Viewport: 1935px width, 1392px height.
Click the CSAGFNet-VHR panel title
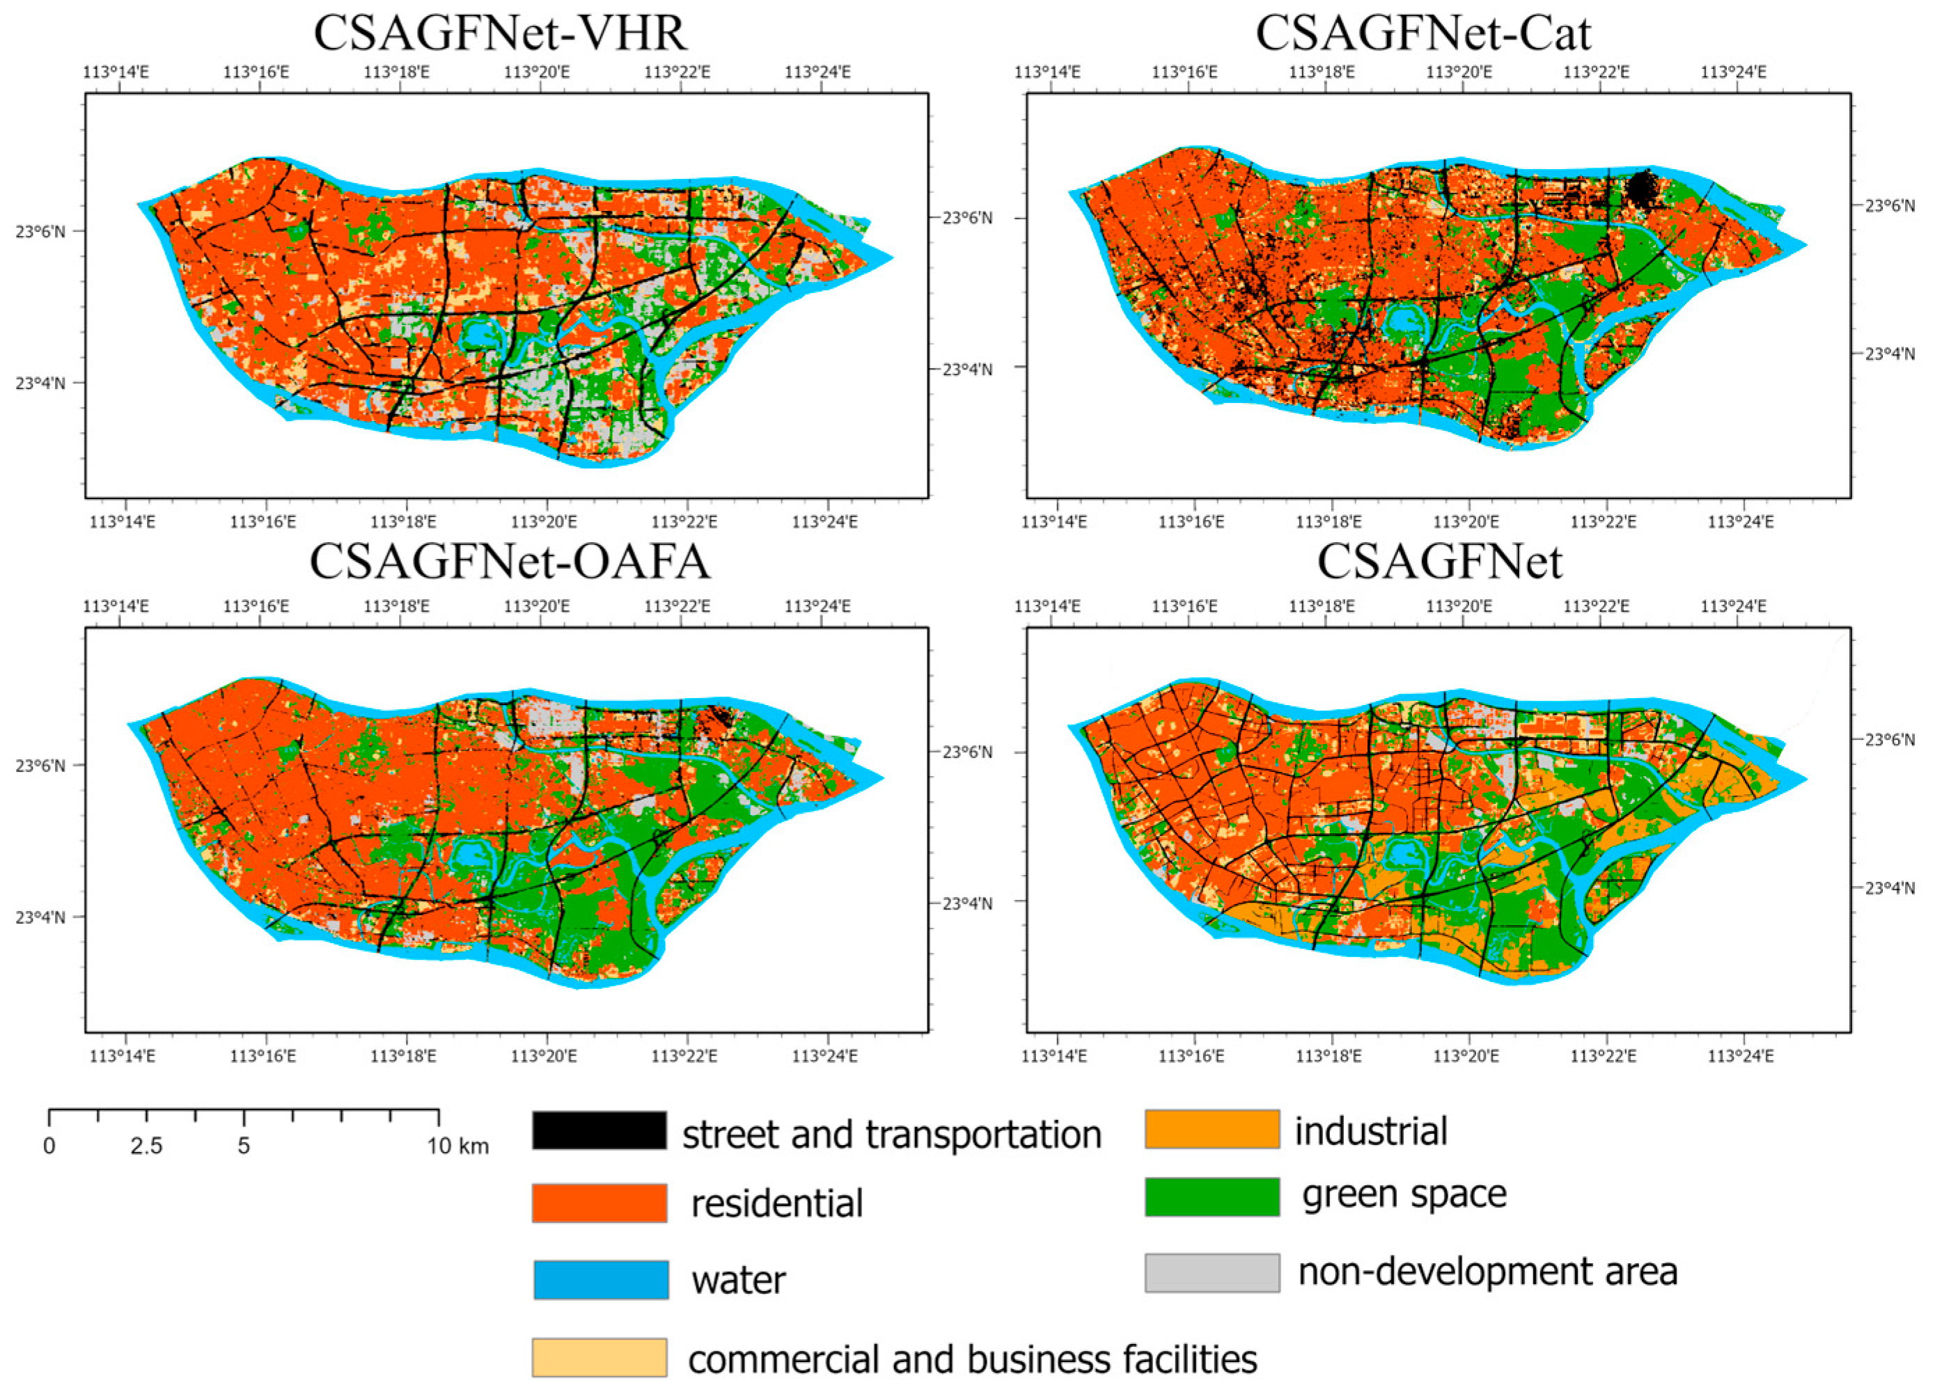click(500, 33)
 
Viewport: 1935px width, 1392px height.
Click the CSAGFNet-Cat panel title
click(1423, 33)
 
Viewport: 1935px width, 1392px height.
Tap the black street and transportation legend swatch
click(599, 1130)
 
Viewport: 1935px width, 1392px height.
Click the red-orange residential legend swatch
click(599, 1203)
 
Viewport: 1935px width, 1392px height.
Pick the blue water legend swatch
click(601, 1279)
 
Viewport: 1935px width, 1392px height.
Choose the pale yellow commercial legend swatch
click(599, 1357)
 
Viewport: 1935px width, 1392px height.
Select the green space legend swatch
click(1212, 1196)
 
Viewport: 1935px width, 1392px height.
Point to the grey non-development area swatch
click(1212, 1272)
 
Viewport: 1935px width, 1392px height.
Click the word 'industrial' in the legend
click(1370, 1131)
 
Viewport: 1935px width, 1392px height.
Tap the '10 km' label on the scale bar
click(458, 1146)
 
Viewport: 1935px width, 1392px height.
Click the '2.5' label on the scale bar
click(147, 1146)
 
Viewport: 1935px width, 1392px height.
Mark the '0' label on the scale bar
click(49, 1146)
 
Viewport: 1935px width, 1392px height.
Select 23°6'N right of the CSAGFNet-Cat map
click(1889, 205)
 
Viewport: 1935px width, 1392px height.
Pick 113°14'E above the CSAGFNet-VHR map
click(116, 72)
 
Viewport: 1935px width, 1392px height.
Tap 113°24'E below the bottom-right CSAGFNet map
click(1741, 1056)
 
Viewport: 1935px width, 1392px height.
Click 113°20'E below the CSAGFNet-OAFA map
click(545, 1056)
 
